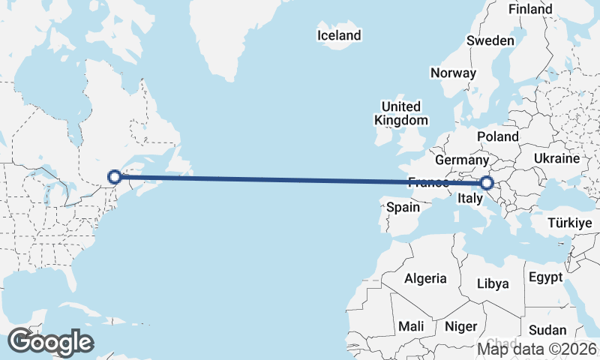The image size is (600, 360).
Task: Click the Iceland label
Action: pos(339,35)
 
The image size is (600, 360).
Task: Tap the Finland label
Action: pos(530,9)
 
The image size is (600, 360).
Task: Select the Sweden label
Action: pos(490,40)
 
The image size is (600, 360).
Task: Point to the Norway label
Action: pos(453,73)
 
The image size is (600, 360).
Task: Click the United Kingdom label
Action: pos(401,113)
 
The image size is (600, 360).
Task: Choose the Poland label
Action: pos(498,136)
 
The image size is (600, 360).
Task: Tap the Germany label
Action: pos(461,160)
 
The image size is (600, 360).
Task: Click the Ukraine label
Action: pos(556,158)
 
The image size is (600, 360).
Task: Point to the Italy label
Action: pos(469,199)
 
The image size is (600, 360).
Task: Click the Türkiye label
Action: pos(570,223)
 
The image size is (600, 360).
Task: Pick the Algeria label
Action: pos(425,278)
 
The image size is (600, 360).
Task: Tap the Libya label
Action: pos(493,283)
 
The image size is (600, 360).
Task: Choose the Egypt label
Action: pos(545,277)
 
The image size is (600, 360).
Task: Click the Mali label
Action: pos(411,326)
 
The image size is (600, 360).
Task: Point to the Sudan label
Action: pos(547,330)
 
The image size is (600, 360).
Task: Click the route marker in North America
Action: pos(115,177)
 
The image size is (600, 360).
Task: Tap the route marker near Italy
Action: pos(487,182)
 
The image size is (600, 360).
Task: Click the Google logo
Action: pos(50,342)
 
